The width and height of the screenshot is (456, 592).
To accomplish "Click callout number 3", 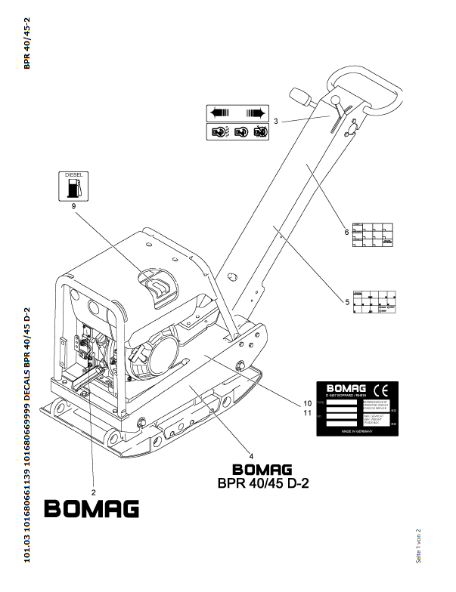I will [x=277, y=121].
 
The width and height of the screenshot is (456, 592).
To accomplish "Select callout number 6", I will [x=348, y=232].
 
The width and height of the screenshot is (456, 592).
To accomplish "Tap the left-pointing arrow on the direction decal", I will [x=220, y=113].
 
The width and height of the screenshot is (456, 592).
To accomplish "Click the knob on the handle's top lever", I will [x=301, y=97].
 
